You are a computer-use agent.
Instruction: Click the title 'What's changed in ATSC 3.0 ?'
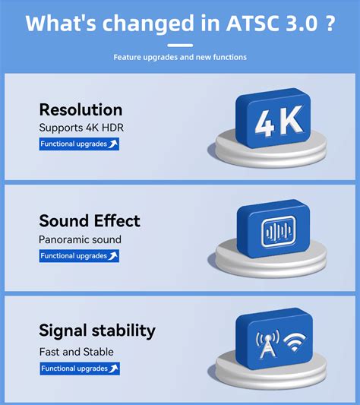pyautogui.click(x=180, y=22)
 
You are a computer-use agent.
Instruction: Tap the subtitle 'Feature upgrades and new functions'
pyautogui.click(x=180, y=57)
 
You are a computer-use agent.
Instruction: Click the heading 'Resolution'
pyautogui.click(x=81, y=109)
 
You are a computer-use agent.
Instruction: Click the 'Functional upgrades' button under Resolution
pyautogui.click(x=79, y=144)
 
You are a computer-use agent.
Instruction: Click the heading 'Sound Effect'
pyautogui.click(x=90, y=221)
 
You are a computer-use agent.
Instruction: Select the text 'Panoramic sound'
pyautogui.click(x=80, y=239)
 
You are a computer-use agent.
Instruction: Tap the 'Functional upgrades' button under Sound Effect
pyautogui.click(x=79, y=256)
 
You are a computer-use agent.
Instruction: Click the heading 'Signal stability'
pyautogui.click(x=97, y=331)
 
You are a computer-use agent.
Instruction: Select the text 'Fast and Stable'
pyautogui.click(x=76, y=352)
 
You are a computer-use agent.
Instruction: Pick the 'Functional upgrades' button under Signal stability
pyautogui.click(x=79, y=369)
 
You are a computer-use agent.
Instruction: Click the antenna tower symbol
pyautogui.click(x=267, y=346)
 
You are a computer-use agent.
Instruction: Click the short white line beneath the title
pyautogui.click(x=180, y=43)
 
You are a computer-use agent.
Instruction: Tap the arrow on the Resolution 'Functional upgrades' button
pyautogui.click(x=113, y=144)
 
